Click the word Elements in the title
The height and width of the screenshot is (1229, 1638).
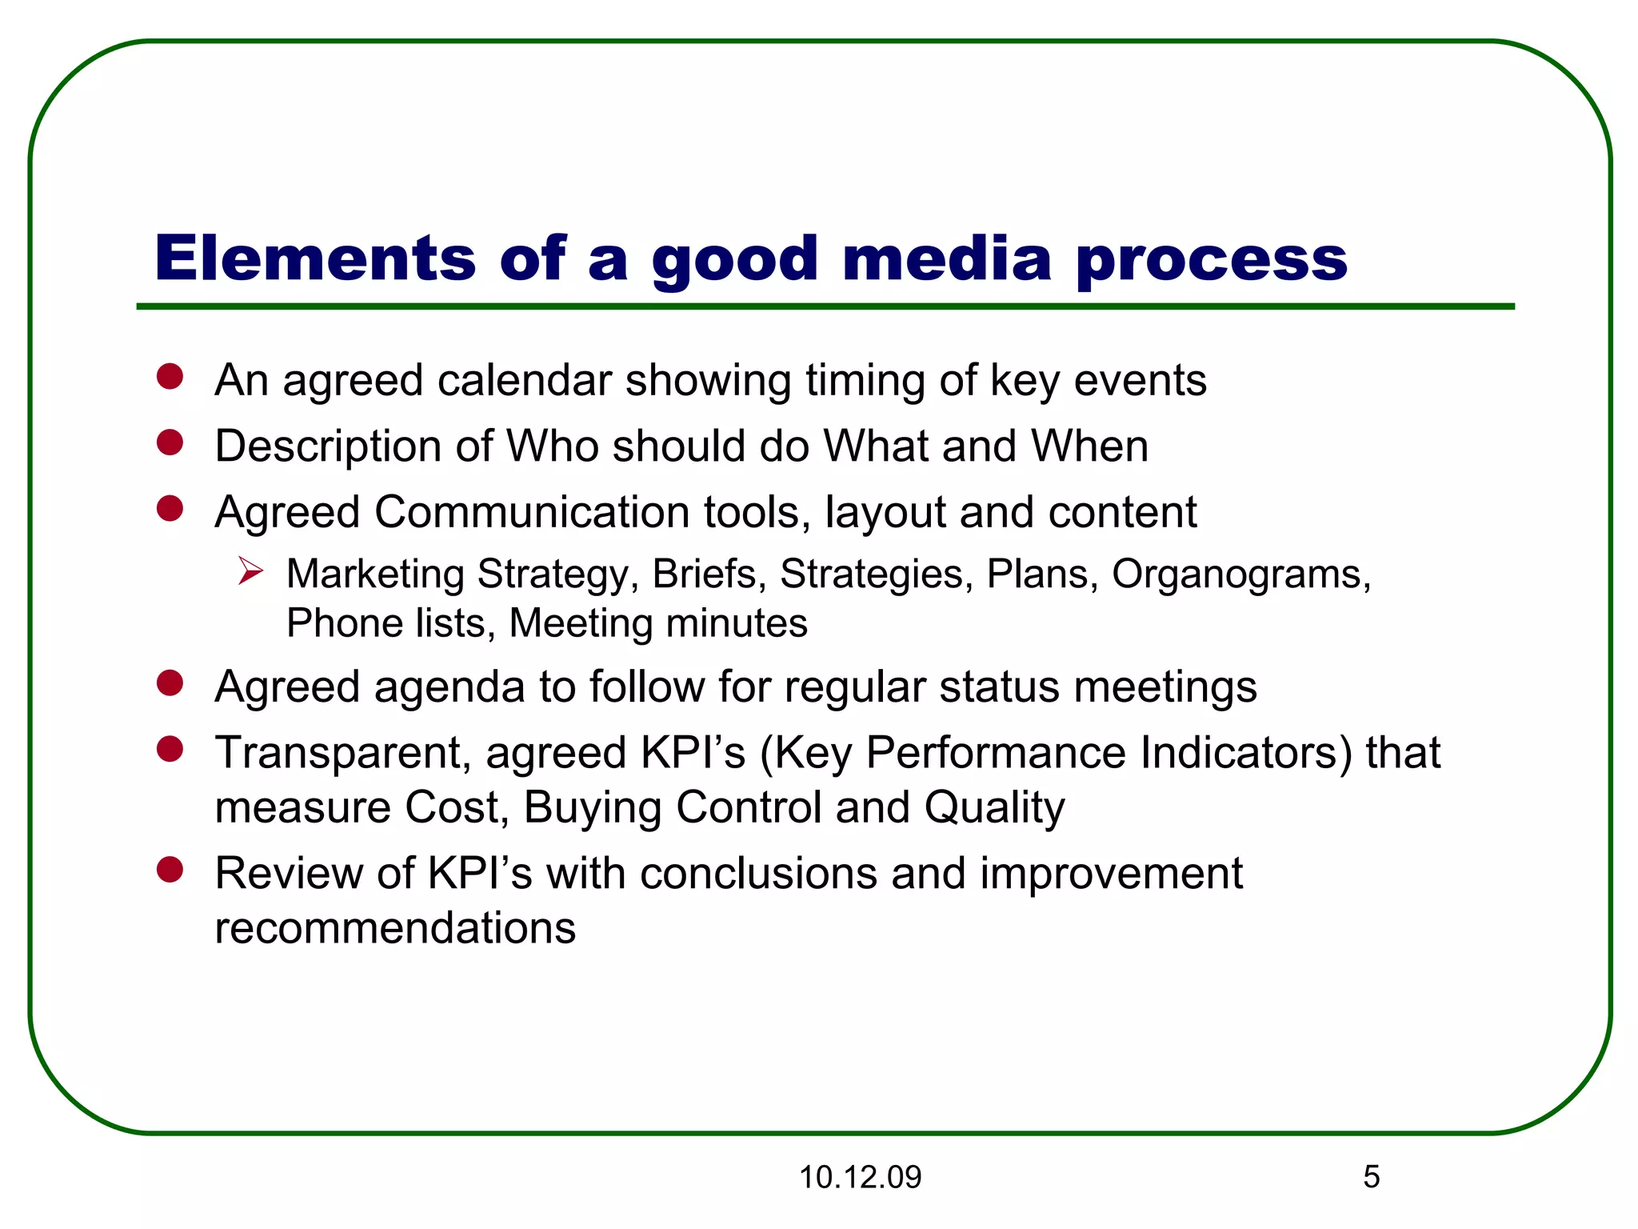pos(315,258)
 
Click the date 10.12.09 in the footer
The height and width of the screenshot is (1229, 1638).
pos(860,1177)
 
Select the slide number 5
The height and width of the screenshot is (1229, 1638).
pos(1371,1176)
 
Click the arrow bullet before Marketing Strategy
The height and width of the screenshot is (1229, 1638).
pos(250,572)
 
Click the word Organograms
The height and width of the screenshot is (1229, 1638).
pos(1240,574)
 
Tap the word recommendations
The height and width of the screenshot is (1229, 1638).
pos(395,927)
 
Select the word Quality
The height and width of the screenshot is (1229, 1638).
pos(994,807)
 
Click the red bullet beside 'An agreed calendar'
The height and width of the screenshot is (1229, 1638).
pos(170,376)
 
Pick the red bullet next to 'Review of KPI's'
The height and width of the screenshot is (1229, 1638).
pos(170,870)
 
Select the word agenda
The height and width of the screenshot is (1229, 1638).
pos(449,687)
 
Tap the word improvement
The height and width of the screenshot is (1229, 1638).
pos(1111,873)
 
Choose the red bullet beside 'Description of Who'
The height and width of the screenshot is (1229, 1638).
pos(170,442)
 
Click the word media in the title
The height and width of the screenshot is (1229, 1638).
pos(946,258)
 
